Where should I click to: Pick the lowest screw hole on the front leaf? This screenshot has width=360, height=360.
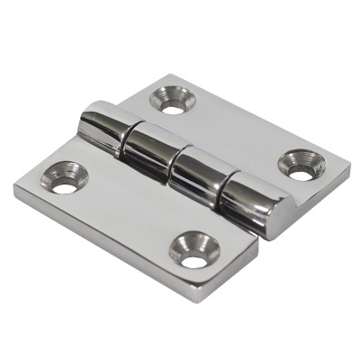coord(194,251)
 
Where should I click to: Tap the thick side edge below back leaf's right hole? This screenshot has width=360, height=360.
coord(310,198)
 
